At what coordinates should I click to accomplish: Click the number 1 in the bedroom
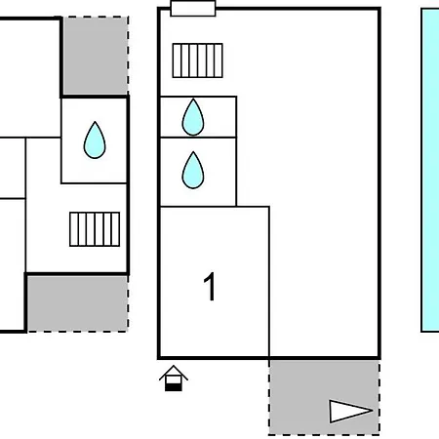click(x=210, y=287)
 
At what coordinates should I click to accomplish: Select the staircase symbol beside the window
click(x=198, y=60)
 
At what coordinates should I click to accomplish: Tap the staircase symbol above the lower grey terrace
click(x=95, y=229)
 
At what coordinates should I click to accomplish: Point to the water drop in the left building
click(x=95, y=140)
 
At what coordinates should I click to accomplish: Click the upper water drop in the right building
click(x=193, y=117)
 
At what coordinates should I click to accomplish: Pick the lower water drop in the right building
click(x=193, y=170)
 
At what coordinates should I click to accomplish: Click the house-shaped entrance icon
click(x=174, y=378)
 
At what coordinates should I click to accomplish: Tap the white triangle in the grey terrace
click(x=350, y=412)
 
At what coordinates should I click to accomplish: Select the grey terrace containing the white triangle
click(x=324, y=397)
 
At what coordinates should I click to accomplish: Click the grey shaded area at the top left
click(x=96, y=56)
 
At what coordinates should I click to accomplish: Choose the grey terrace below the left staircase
click(x=77, y=303)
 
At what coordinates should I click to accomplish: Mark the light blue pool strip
click(x=430, y=170)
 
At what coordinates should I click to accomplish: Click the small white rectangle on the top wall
click(x=193, y=9)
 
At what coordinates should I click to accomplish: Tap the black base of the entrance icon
click(x=174, y=387)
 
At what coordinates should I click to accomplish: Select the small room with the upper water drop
click(x=198, y=117)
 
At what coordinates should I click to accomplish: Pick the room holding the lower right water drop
click(x=198, y=172)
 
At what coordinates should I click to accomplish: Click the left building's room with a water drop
click(x=94, y=140)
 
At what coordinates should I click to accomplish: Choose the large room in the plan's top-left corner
click(x=30, y=78)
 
